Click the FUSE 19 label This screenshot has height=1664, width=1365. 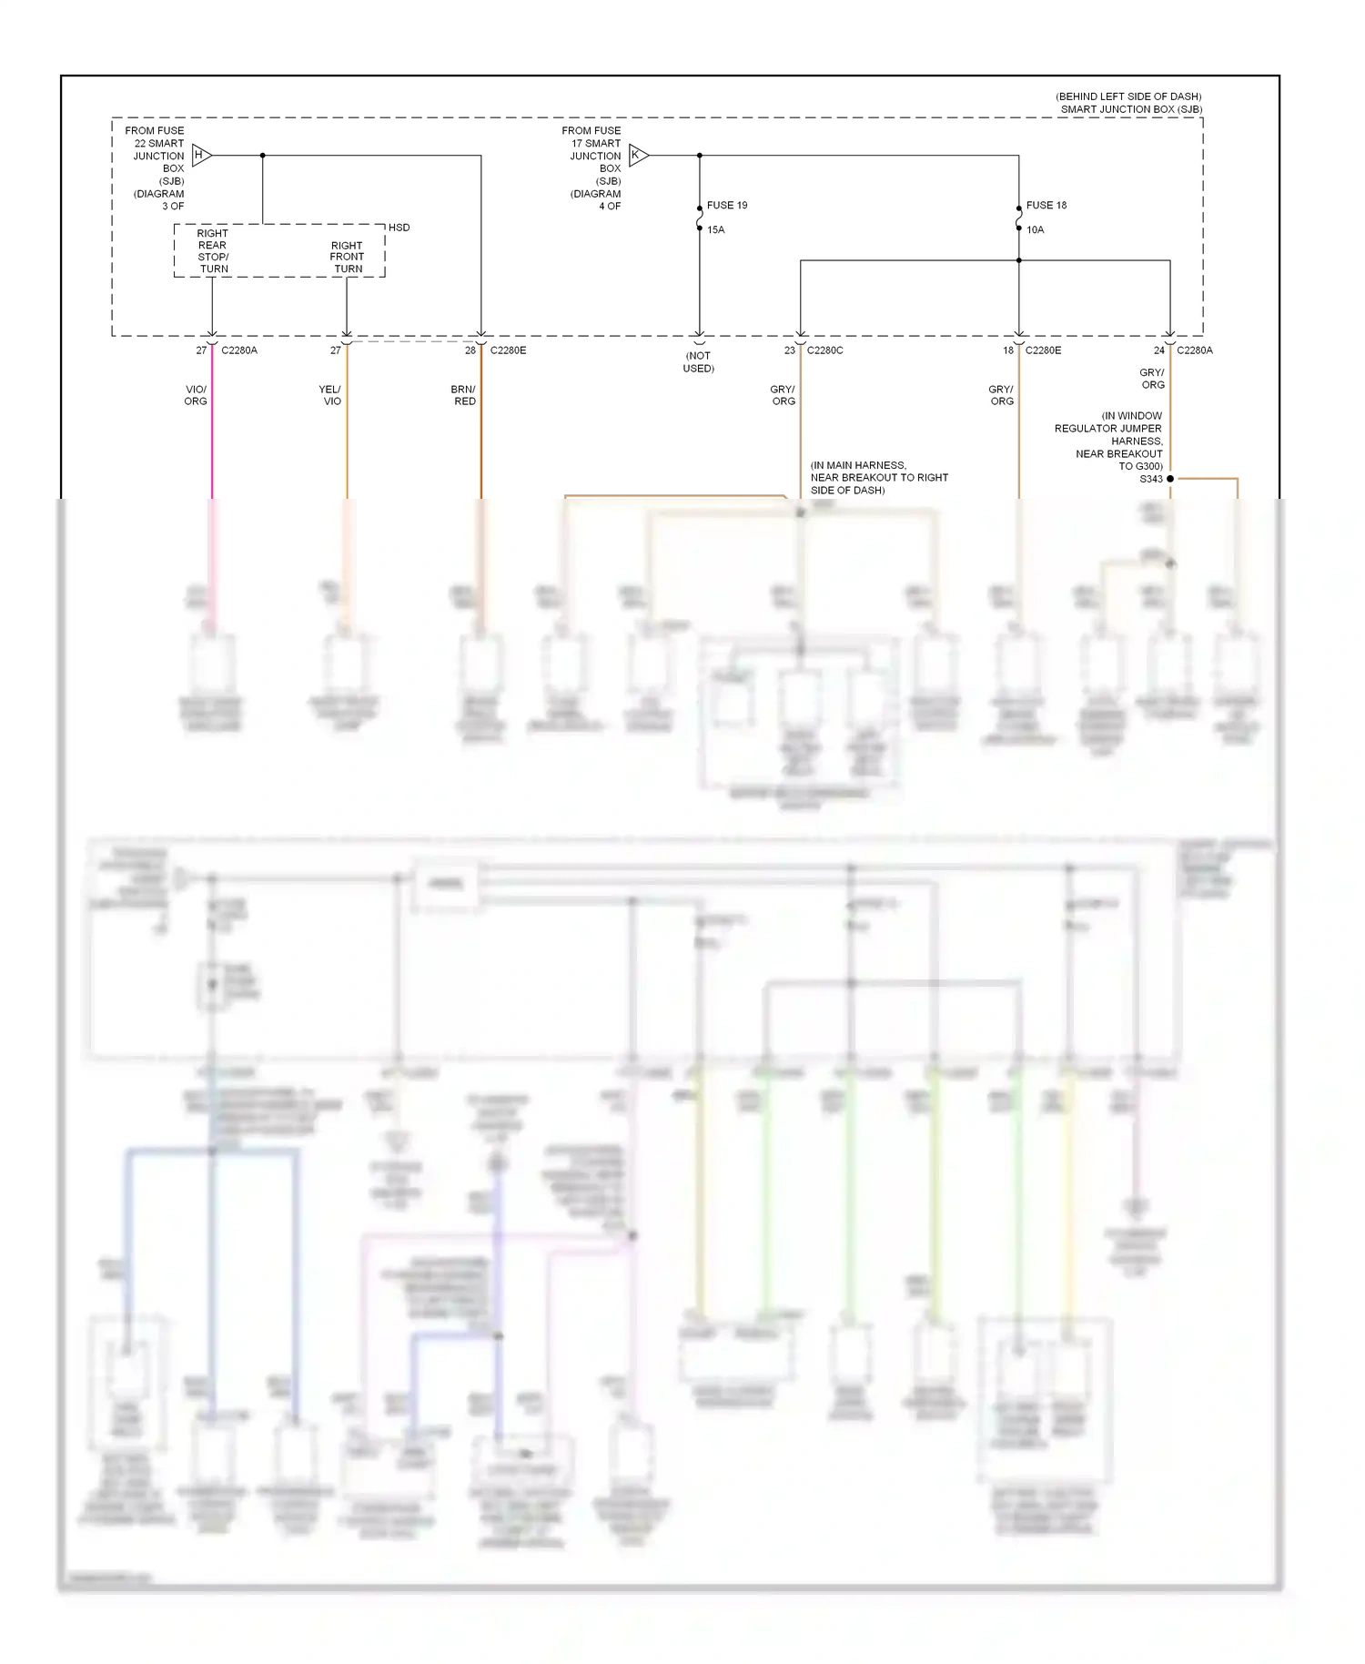pos(726,206)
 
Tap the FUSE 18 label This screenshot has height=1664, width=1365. pos(1046,206)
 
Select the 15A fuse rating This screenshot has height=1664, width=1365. pos(715,230)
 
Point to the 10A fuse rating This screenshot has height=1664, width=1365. pos(1035,230)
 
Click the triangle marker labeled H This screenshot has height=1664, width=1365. pos(201,156)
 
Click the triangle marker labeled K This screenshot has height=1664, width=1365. pos(638,156)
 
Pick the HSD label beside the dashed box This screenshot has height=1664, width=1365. pos(399,228)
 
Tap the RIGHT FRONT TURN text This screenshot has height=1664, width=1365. pos(347,258)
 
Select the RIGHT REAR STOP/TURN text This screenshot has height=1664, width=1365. pos(213,251)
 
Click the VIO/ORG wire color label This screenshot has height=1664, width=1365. pos(196,395)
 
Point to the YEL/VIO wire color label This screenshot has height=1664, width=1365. pos(330,395)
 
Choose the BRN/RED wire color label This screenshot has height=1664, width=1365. pos(464,395)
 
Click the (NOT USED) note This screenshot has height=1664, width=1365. pos(698,362)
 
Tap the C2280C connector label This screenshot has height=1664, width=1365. pos(824,350)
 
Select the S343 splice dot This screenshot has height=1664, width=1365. pos(1170,479)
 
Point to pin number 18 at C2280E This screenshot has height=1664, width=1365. pos(1007,350)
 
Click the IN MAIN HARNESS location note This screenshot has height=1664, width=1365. pos(878,478)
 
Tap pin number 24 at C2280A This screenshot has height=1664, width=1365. pos(1158,350)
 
